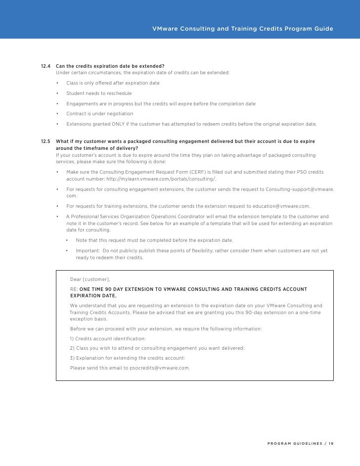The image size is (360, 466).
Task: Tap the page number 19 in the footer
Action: (330, 443)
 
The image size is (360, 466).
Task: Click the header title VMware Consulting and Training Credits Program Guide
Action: (243, 28)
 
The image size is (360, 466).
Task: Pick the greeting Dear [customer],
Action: (90, 280)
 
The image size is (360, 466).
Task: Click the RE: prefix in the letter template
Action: (74, 289)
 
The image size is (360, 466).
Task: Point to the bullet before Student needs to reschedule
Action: (58, 93)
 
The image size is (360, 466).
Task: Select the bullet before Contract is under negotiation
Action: (58, 114)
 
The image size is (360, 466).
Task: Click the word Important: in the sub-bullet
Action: (89, 250)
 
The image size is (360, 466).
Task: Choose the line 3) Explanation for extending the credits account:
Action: (128, 358)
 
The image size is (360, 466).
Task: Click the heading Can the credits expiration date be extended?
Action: (110, 66)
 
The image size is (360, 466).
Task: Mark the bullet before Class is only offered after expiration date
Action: (58, 83)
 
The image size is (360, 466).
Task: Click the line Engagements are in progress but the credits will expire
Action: (161, 103)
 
